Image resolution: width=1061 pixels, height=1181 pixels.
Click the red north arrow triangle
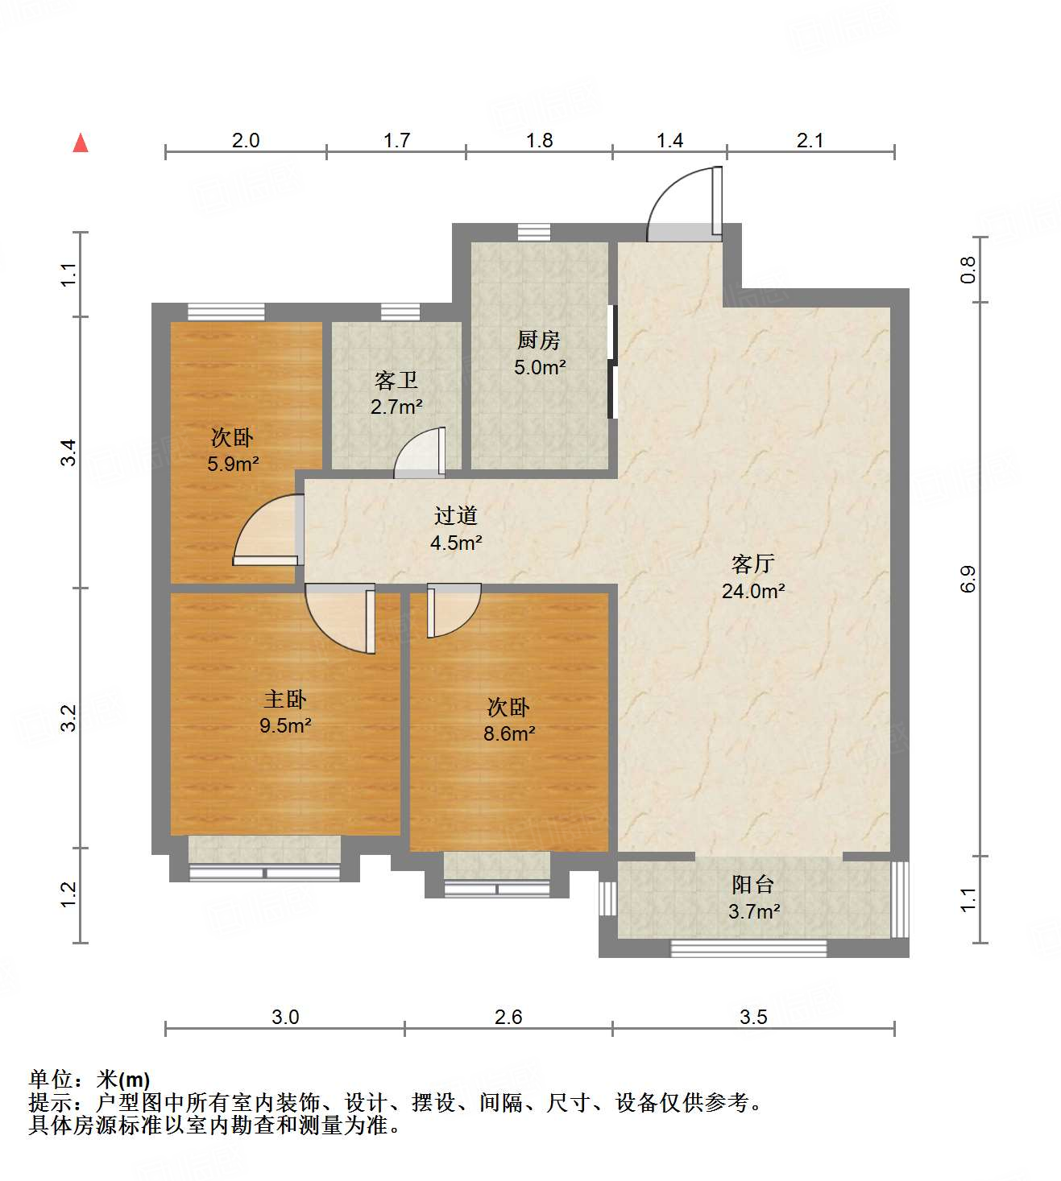pos(81,143)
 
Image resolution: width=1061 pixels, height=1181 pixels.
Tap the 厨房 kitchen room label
pos(539,341)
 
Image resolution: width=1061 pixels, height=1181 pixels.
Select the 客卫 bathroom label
pos(396,380)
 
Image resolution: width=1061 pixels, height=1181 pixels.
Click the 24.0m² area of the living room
pos(752,591)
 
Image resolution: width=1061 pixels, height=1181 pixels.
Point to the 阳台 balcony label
pos(752,885)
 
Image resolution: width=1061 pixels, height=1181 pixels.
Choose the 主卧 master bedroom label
pos(285,699)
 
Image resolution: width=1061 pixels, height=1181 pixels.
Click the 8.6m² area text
pos(509,733)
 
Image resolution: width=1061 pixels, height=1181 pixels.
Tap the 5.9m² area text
pos(233,464)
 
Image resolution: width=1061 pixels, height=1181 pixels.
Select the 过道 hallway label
pos(456,515)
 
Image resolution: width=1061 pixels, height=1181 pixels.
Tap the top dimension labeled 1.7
pos(396,140)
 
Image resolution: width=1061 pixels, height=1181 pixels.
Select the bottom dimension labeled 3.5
pos(753,1017)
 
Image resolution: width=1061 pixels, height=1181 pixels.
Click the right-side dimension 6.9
pos(968,579)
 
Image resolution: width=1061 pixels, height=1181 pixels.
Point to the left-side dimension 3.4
pos(69,452)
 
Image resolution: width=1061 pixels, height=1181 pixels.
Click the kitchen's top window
pos(533,232)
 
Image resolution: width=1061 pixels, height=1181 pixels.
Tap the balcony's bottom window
pos(748,948)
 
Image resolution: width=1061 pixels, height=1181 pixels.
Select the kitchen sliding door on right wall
pos(612,362)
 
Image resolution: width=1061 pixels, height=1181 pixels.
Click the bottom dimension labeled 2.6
pos(508,1017)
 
